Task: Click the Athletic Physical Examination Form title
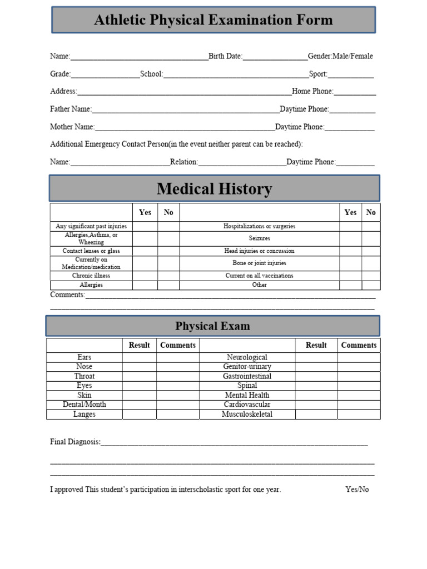point(213,20)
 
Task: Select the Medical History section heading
point(214,189)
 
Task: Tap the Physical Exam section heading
point(212,326)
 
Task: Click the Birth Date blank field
point(275,57)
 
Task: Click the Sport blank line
point(351,74)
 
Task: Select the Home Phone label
point(312,91)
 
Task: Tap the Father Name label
point(71,109)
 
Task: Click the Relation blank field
point(242,162)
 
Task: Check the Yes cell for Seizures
point(350,238)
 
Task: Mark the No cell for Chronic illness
point(168,276)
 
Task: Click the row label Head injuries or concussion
point(259,251)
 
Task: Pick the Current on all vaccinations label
point(259,276)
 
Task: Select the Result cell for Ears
point(139,357)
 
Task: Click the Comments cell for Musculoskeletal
point(359,415)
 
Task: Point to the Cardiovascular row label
point(247,405)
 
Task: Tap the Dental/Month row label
point(84,405)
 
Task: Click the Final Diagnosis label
point(75,442)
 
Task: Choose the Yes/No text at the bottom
point(357,490)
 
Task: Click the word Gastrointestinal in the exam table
point(247,376)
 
